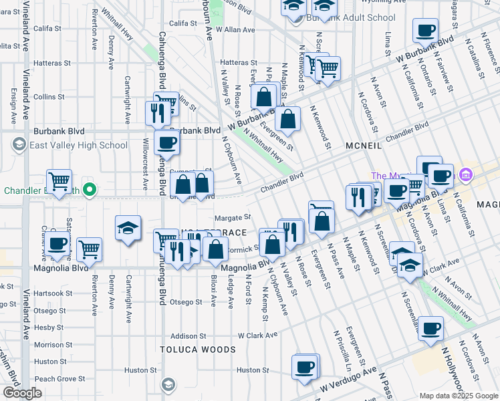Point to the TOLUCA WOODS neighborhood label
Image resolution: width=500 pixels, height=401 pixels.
[198, 350]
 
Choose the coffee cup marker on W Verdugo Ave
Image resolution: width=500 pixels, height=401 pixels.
[305, 367]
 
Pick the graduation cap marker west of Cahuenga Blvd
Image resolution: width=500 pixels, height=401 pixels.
[128, 227]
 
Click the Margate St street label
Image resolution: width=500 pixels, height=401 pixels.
[232, 217]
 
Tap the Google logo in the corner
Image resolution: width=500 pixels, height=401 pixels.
[22, 393]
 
